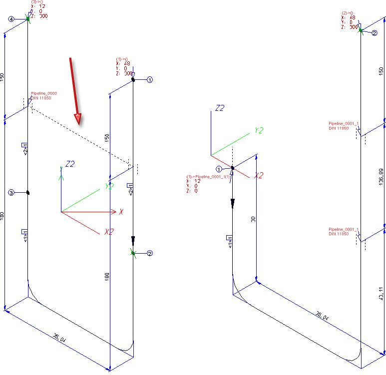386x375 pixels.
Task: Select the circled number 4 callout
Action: (11, 19)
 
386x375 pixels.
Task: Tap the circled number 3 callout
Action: (11, 193)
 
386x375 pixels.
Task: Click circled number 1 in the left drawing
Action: (149, 79)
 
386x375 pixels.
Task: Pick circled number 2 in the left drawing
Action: (149, 253)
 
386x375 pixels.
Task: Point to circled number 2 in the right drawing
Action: (375, 32)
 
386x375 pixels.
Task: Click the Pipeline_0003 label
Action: (44, 93)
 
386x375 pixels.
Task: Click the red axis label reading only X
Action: (121, 212)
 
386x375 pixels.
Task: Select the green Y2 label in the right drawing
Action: (259, 130)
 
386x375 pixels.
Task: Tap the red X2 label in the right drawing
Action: (259, 176)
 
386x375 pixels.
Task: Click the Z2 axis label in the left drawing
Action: (70, 164)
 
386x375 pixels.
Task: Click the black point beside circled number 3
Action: (28, 192)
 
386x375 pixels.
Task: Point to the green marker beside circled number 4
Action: (28, 19)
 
